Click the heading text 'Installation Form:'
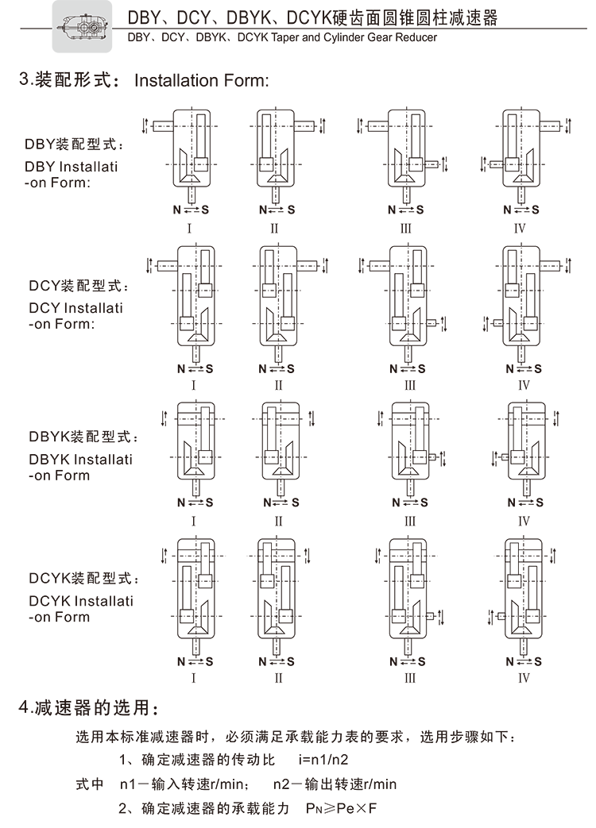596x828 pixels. point(203,81)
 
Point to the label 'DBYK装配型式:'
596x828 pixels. point(83,437)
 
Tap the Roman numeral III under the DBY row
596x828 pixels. point(406,229)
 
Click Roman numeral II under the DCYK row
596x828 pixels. point(278,679)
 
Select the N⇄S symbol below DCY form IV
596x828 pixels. point(524,368)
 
